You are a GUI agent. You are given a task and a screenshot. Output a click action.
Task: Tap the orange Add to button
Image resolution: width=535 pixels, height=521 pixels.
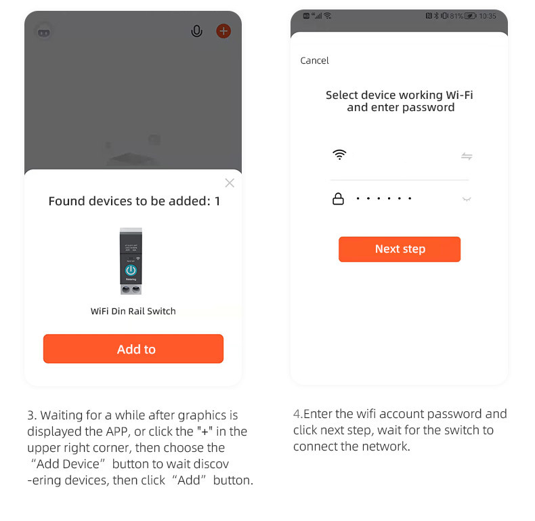click(x=133, y=349)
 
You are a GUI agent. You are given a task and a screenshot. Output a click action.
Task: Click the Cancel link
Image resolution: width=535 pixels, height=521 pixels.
click(x=315, y=60)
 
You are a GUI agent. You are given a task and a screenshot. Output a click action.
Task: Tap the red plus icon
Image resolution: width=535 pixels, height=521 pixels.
click(x=223, y=31)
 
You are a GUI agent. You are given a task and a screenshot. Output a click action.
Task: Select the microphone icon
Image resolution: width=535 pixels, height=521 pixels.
click(x=196, y=31)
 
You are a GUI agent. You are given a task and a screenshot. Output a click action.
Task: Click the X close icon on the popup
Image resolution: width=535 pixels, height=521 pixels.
click(x=230, y=183)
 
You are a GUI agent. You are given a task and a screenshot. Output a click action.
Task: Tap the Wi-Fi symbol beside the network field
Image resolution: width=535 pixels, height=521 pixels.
click(x=339, y=154)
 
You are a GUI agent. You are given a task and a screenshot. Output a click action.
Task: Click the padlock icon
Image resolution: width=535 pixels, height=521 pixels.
click(x=338, y=199)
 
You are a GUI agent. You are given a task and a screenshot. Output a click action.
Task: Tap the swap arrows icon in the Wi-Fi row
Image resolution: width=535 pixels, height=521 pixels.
click(x=467, y=157)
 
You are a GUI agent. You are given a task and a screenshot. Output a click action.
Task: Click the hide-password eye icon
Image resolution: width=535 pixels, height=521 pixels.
click(x=467, y=199)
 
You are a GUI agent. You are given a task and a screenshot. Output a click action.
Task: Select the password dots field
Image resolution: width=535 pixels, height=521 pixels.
click(x=384, y=199)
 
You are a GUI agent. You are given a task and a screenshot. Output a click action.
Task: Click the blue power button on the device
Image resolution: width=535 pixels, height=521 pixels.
click(x=131, y=270)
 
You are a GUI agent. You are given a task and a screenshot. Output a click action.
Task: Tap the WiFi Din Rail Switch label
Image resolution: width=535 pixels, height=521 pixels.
click(x=133, y=311)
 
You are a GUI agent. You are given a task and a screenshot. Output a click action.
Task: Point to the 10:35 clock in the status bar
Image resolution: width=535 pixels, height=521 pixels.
click(x=488, y=16)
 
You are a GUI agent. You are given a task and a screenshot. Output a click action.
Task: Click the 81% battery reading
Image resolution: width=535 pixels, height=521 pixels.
click(x=456, y=16)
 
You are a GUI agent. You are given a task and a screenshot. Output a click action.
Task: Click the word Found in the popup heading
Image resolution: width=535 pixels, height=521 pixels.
click(x=67, y=201)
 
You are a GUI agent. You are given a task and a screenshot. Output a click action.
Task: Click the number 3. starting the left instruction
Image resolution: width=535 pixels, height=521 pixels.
click(x=32, y=415)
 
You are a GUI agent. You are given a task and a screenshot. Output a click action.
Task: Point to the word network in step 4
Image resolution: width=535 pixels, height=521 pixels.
click(x=386, y=446)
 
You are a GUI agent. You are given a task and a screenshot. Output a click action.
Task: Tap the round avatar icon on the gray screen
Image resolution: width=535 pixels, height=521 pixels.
click(x=44, y=33)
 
